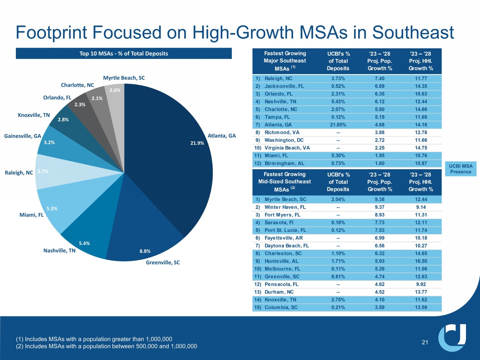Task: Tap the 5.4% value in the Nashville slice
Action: pos(84,243)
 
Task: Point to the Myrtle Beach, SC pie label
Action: pos(124,78)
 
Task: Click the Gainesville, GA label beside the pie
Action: pos(23,136)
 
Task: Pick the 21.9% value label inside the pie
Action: pos(197,143)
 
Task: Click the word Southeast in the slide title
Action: pos(413,32)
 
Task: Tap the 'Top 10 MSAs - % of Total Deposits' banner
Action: pos(124,54)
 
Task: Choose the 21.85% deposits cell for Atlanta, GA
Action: pos(338,125)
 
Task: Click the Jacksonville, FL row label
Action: pos(284,86)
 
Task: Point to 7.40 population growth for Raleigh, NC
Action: pos(380,78)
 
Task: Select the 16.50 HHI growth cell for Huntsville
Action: pos(421,261)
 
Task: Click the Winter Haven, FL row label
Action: pos(285,207)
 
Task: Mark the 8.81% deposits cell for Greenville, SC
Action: pos(338,277)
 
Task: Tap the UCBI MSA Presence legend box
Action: pos(460,169)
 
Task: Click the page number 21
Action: pos(425,342)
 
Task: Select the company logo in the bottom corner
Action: pos(452,337)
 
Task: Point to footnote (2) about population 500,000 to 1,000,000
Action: pos(106,346)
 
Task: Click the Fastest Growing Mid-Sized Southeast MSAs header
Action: pos(285,182)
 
